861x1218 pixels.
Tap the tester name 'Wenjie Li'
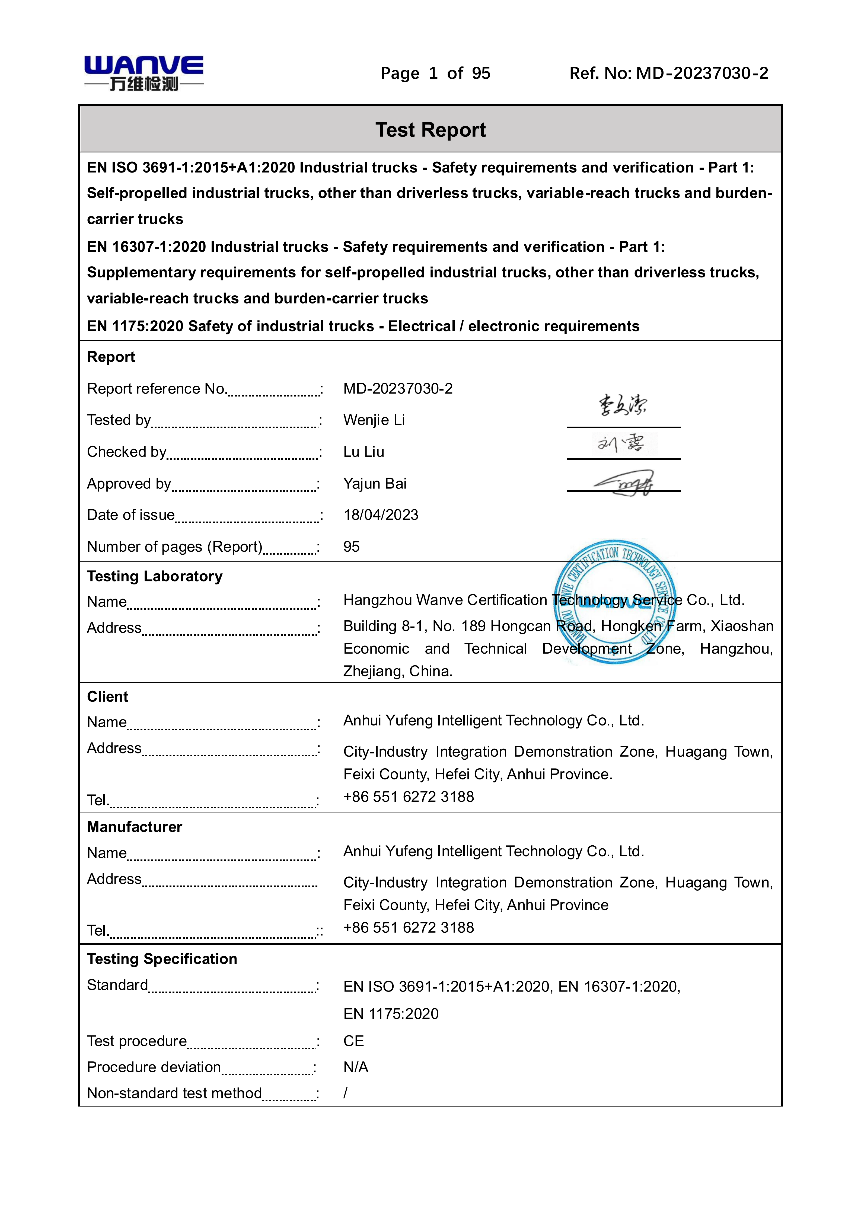[374, 420]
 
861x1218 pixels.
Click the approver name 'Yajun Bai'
[375, 484]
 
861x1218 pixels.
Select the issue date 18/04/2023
[381, 515]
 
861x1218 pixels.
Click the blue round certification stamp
[615, 602]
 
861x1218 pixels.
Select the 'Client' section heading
[108, 697]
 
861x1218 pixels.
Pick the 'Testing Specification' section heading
[162, 959]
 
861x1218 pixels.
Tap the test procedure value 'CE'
[353, 1041]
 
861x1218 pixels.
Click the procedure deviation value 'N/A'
[355, 1067]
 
